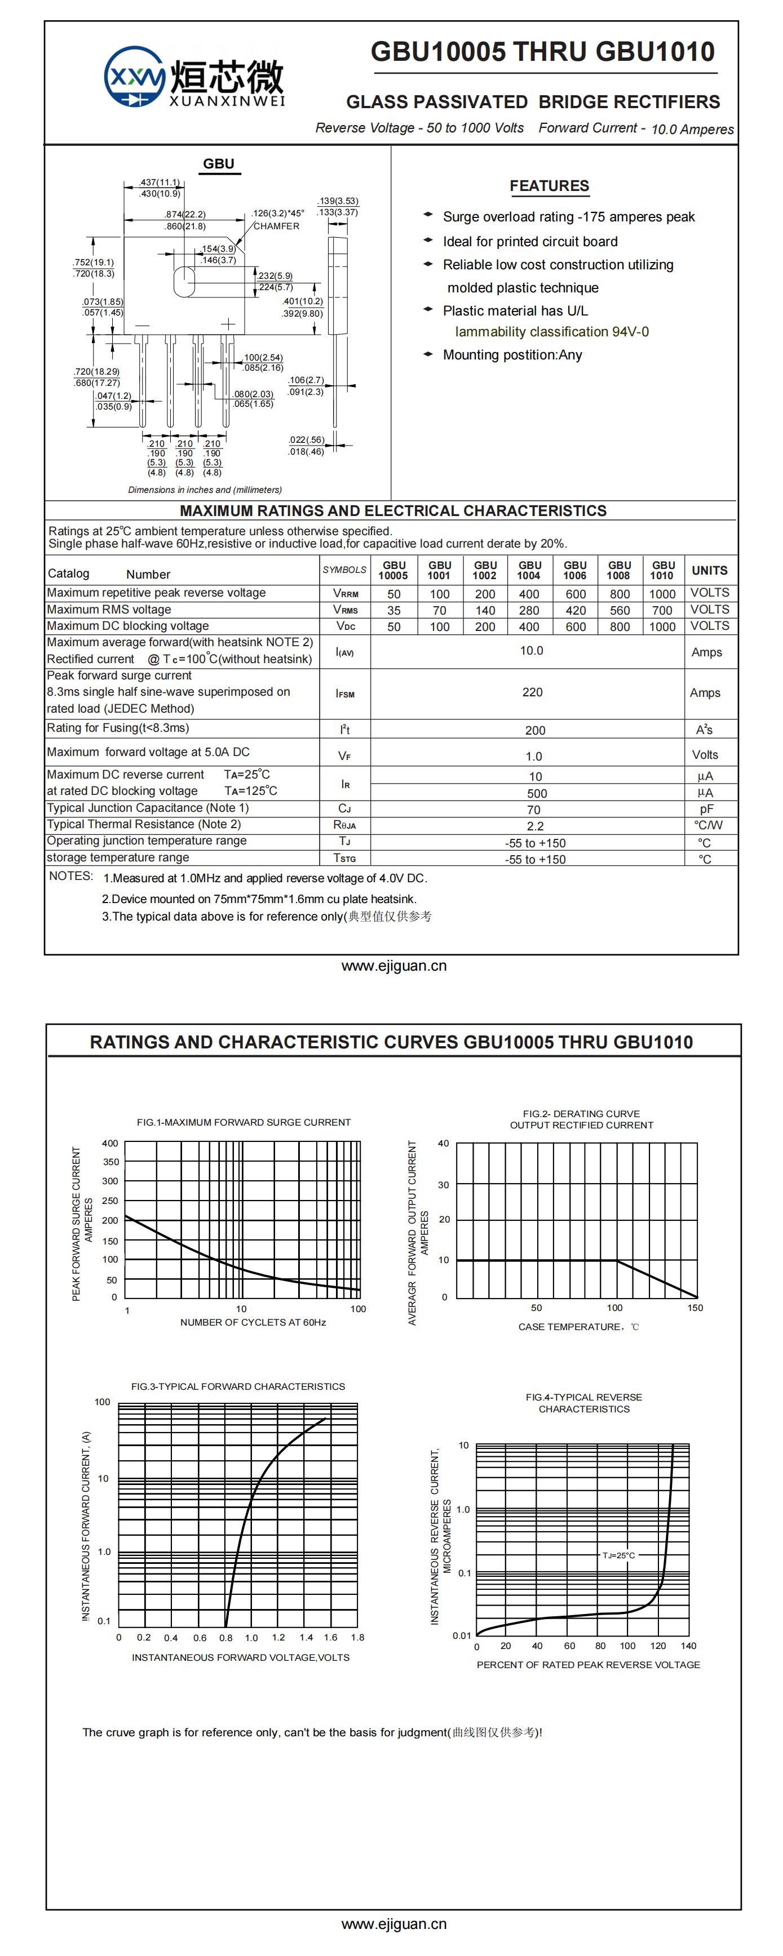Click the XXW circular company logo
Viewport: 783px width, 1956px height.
(134, 77)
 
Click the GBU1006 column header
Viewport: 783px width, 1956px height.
(575, 570)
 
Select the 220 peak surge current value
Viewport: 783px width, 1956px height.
(532, 692)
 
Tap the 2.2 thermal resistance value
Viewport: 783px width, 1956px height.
(534, 826)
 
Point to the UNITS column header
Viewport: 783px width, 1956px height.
(709, 570)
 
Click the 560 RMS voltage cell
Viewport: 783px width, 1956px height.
(620, 611)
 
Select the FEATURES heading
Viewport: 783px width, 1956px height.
(549, 186)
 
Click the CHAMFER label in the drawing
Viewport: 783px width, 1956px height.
(276, 226)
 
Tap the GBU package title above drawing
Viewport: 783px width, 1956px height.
(219, 164)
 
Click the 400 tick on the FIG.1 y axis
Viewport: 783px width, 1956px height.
(110, 1144)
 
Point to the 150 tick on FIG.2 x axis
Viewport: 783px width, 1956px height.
(695, 1308)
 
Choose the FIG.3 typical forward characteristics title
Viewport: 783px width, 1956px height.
(238, 1386)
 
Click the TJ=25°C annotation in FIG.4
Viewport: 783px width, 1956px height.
(619, 1556)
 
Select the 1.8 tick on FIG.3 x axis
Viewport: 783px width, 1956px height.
(358, 1637)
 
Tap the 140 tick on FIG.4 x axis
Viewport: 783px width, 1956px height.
(688, 1646)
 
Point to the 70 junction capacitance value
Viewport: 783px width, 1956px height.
(534, 810)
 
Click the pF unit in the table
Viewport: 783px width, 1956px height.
(706, 810)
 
